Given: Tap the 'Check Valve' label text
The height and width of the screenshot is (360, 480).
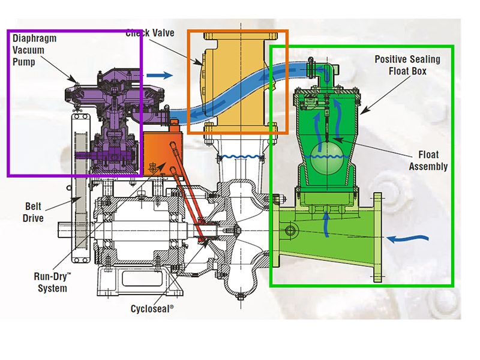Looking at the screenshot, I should tap(150, 33).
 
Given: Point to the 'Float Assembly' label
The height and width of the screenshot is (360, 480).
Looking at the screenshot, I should tap(428, 160).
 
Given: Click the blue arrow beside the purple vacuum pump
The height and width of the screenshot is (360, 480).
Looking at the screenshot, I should tap(160, 76).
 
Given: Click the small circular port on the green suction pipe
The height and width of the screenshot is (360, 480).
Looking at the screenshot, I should tap(292, 230).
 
